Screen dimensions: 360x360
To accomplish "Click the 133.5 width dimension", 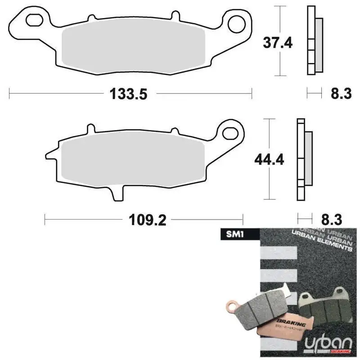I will click(128, 94).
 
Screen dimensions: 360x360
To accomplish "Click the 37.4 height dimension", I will click(278, 43).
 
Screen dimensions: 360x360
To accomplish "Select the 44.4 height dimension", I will click(269, 159).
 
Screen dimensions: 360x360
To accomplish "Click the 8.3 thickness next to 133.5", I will click(341, 94).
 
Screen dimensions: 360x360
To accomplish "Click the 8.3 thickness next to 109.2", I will click(331, 220).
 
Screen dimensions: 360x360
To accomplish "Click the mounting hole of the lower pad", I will click(230, 132).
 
